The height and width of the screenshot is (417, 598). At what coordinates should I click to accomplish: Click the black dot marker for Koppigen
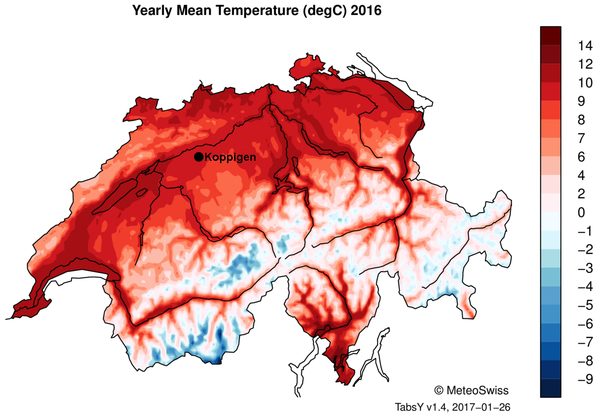click(x=199, y=157)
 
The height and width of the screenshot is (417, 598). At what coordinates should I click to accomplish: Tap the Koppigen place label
click(x=231, y=157)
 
